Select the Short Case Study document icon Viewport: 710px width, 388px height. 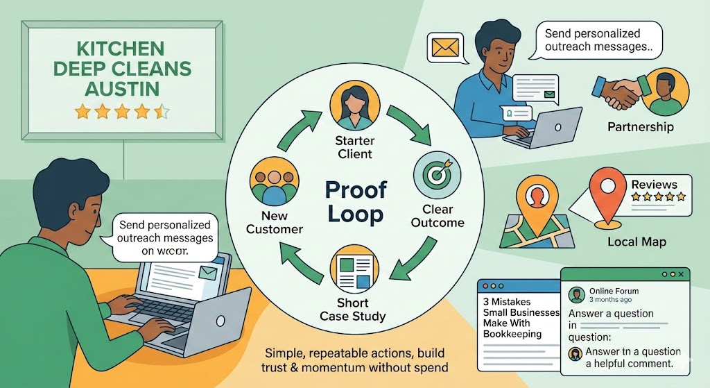353,271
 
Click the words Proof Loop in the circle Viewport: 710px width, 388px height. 354,201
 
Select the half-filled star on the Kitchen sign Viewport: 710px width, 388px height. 161,111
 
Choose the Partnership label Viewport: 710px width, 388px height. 640,127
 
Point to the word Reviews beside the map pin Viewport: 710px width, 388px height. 654,185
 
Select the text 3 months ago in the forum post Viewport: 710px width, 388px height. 609,300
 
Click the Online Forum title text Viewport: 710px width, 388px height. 613,291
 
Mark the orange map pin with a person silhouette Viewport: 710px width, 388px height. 536,199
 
